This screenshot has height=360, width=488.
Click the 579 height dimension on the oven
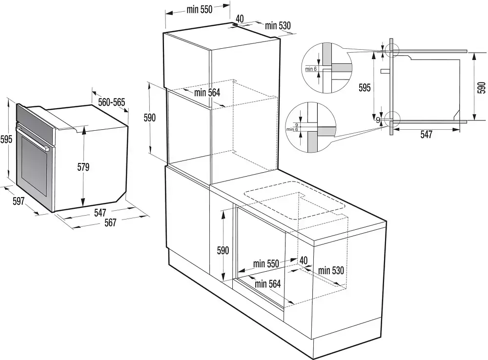[x=83, y=167]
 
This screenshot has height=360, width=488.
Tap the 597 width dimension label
[x=18, y=200]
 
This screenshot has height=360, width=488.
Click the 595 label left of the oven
[x=5, y=139]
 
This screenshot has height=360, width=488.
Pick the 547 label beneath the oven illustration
[x=100, y=213]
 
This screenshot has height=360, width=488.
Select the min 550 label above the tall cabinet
[x=199, y=9]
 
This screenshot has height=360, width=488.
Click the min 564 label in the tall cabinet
[x=207, y=92]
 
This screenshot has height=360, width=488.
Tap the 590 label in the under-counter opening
[x=223, y=251]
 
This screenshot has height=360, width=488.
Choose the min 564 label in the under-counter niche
[x=267, y=283]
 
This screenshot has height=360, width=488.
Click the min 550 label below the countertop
[x=265, y=264]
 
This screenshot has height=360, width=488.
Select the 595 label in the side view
[x=365, y=87]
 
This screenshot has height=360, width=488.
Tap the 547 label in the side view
[x=426, y=135]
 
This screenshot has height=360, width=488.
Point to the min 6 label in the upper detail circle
[x=311, y=69]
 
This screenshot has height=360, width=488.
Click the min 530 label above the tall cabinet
[x=278, y=26]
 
